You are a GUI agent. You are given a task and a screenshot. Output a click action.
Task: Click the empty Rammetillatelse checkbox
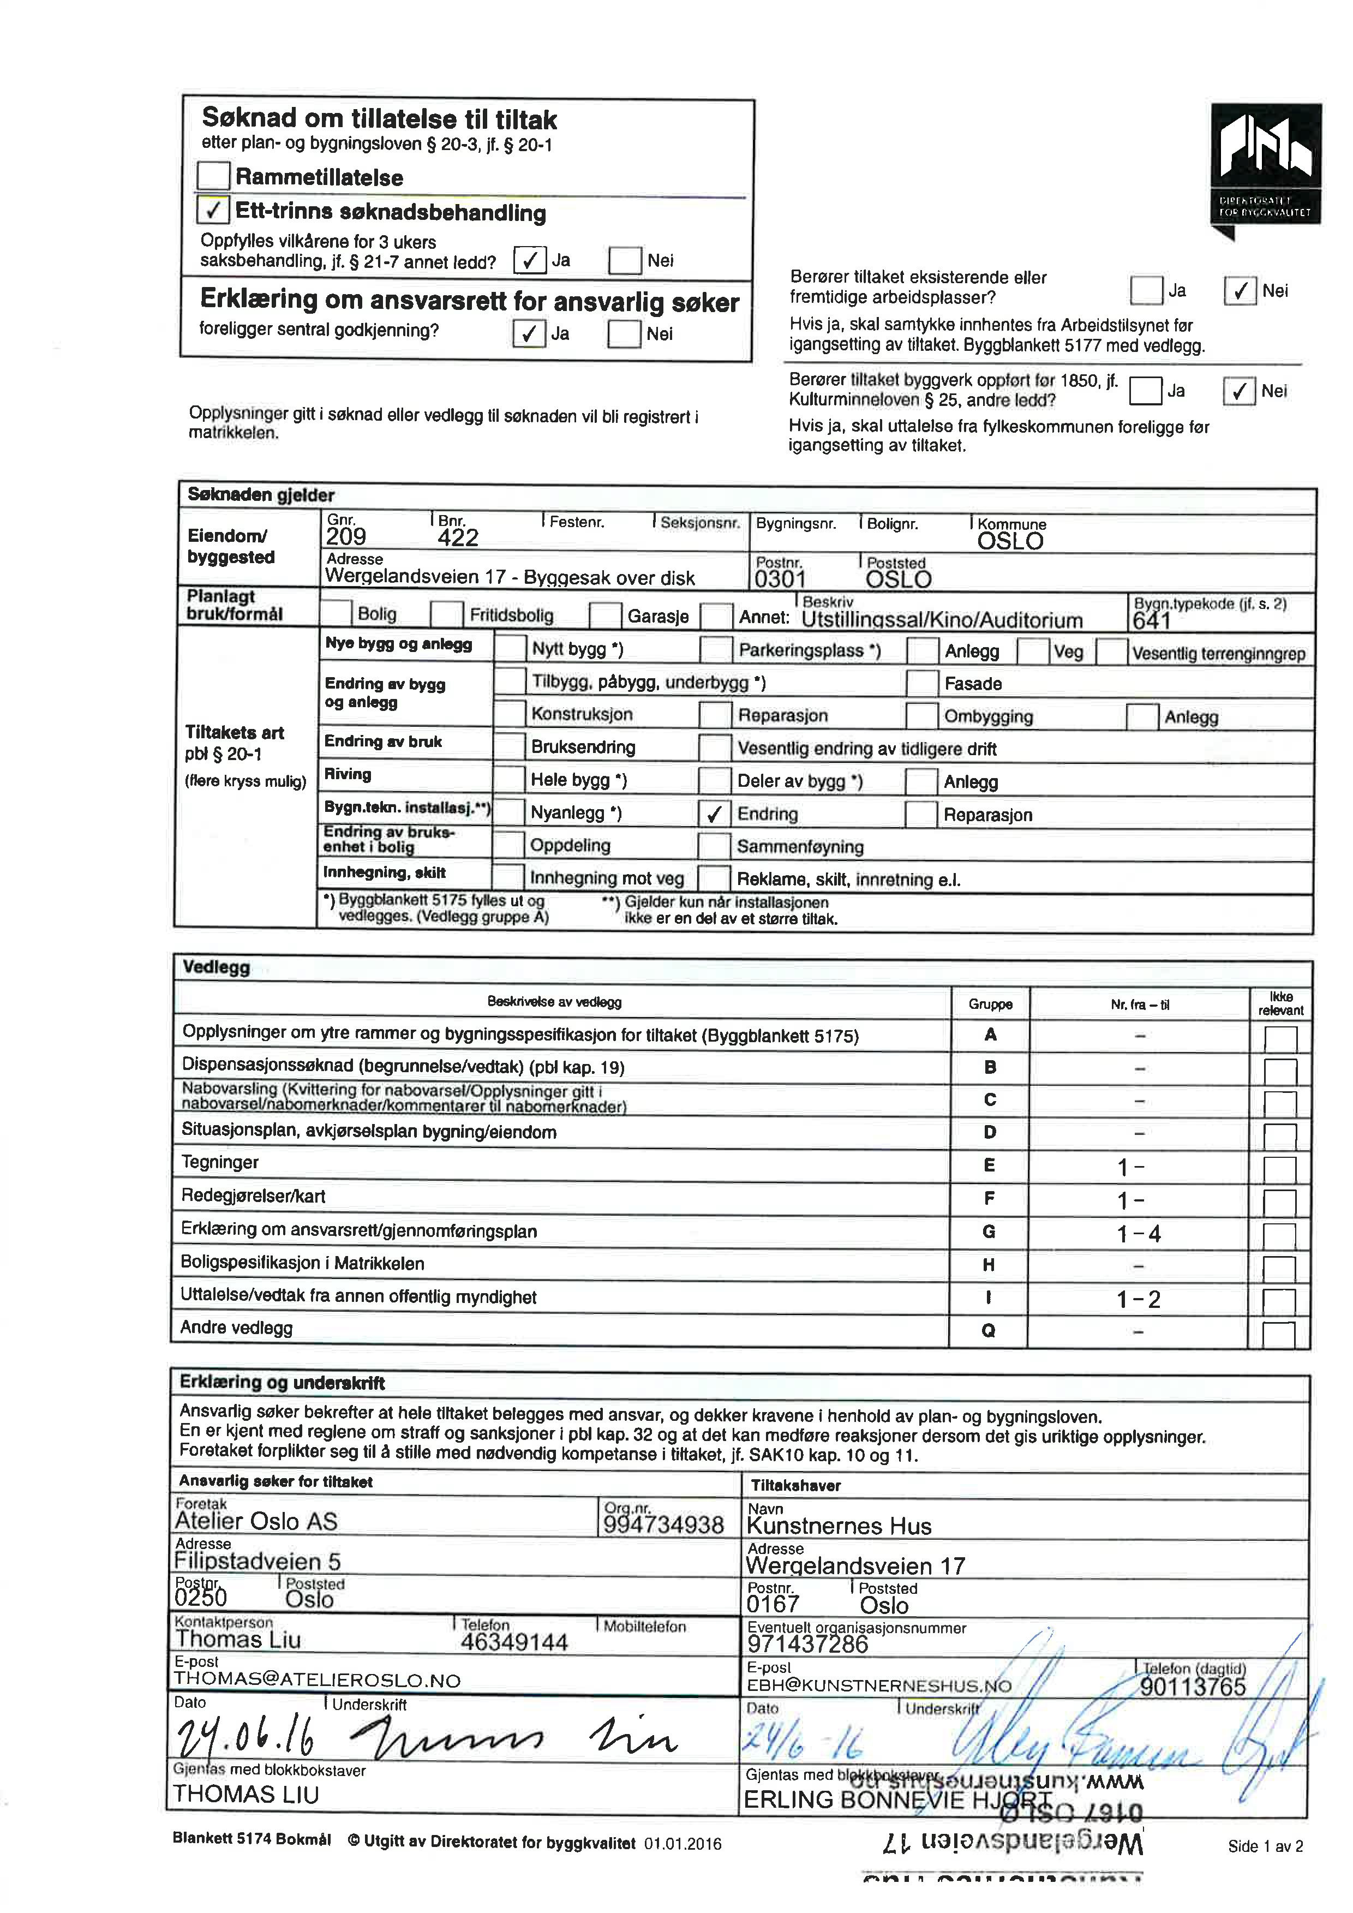click(213, 176)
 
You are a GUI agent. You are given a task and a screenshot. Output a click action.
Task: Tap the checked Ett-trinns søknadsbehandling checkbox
click(213, 210)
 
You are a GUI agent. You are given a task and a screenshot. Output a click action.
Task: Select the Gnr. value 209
click(346, 536)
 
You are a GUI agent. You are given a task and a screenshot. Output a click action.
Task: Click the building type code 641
click(1151, 621)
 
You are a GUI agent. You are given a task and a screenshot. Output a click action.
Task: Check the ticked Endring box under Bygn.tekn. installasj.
click(714, 813)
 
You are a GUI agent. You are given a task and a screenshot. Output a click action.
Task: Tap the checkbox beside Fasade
click(921, 683)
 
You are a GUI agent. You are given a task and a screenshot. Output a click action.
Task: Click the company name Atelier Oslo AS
click(256, 1521)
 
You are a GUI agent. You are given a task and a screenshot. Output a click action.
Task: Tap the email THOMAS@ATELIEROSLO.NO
click(316, 1679)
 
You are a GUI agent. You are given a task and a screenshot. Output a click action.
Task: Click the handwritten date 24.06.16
click(246, 1739)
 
